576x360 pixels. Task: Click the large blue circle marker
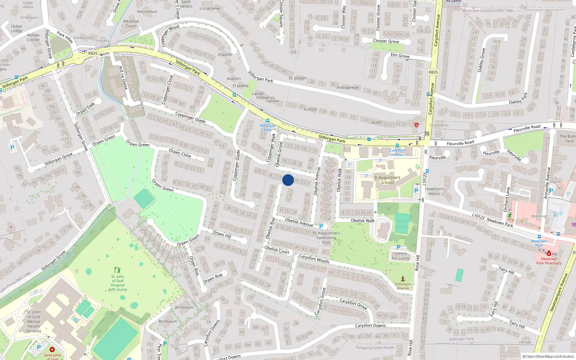click(288, 180)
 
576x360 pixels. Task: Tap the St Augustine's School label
click(387, 180)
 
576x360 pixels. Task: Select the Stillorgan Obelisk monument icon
click(403, 278)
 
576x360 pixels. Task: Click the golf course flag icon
click(117, 270)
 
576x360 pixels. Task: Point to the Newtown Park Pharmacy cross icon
click(549, 253)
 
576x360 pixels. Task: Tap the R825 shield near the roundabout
click(93, 53)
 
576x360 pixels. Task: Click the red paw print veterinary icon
click(416, 125)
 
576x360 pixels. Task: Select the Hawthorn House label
click(434, 191)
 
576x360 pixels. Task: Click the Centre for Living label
click(401, 256)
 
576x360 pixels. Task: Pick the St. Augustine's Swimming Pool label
click(326, 238)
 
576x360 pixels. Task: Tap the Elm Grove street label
click(400, 55)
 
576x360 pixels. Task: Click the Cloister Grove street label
click(386, 41)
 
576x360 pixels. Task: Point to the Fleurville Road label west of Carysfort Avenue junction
click(460, 143)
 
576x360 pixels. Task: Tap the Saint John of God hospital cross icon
click(52, 350)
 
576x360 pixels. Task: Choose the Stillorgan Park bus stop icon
click(267, 121)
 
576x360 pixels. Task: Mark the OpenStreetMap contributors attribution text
click(548, 356)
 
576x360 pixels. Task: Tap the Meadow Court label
click(131, 23)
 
